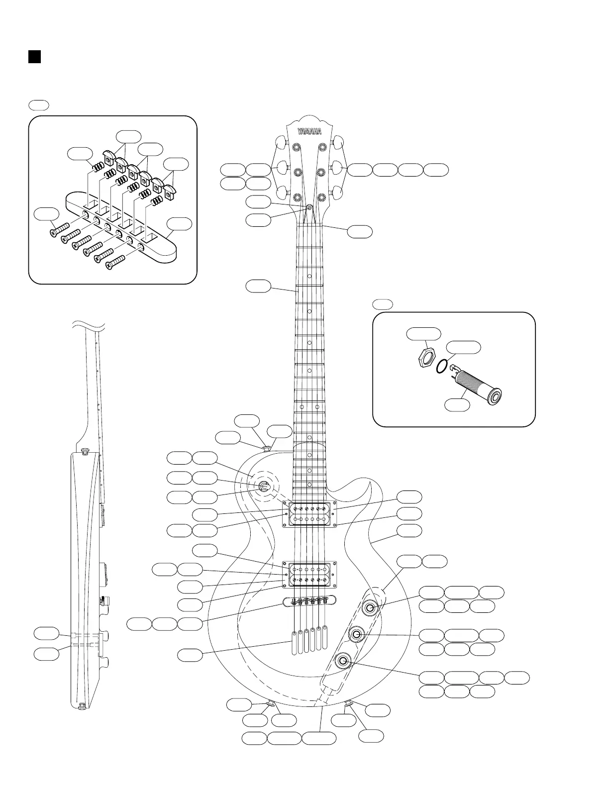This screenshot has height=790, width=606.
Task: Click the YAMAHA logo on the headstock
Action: [309, 131]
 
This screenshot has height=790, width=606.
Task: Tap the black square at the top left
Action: [34, 56]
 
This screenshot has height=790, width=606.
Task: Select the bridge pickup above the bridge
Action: [309, 574]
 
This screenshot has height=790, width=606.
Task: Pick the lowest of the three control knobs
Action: [343, 661]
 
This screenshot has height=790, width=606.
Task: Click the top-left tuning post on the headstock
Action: [297, 147]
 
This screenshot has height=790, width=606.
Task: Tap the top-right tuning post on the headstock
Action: [322, 147]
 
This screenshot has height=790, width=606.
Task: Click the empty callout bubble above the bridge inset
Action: [38, 104]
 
